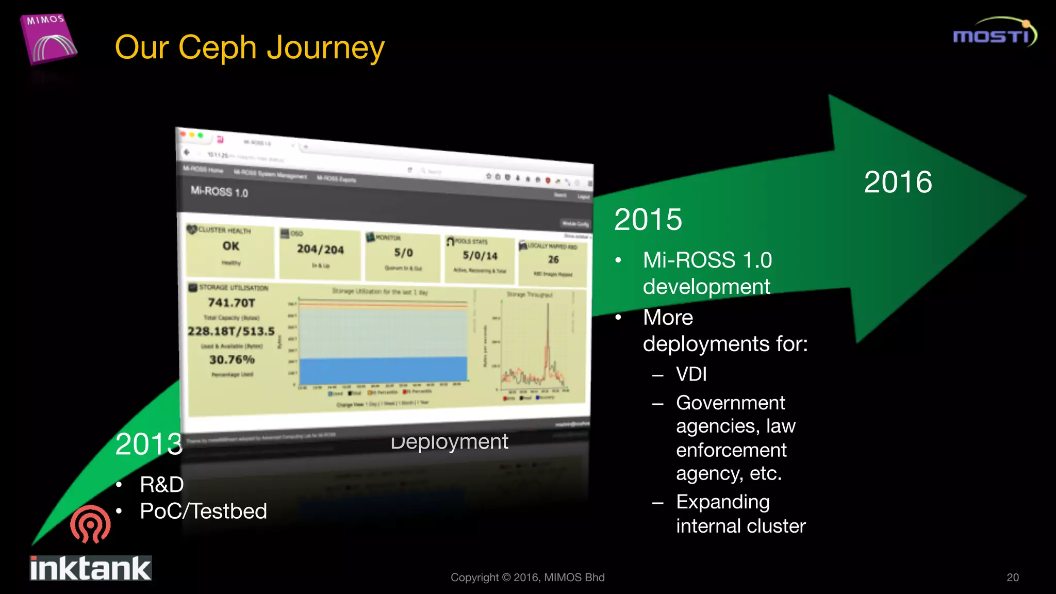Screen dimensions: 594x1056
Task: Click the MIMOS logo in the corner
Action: point(49,39)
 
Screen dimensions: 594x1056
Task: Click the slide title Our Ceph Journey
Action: point(250,47)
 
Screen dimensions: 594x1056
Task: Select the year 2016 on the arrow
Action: point(898,182)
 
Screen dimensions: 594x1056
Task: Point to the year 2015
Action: point(648,220)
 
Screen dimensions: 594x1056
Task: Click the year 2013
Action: point(148,444)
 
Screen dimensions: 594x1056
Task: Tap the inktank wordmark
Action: point(91,568)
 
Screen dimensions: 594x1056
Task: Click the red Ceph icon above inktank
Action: point(90,524)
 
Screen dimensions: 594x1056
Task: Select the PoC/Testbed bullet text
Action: point(203,511)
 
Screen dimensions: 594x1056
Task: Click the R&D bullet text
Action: point(162,485)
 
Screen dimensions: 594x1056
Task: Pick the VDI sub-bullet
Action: point(691,374)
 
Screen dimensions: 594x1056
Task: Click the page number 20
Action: point(1012,577)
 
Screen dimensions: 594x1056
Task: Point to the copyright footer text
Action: point(527,577)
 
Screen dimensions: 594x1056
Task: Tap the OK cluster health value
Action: point(230,246)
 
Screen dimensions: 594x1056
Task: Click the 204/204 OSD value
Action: point(320,250)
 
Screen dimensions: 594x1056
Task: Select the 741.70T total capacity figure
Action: point(232,303)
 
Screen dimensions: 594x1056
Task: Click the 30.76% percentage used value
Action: point(232,359)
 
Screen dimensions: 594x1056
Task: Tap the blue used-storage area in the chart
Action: point(383,369)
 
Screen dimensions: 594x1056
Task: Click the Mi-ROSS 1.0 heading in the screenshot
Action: point(219,191)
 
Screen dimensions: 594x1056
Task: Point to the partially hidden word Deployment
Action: point(449,442)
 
